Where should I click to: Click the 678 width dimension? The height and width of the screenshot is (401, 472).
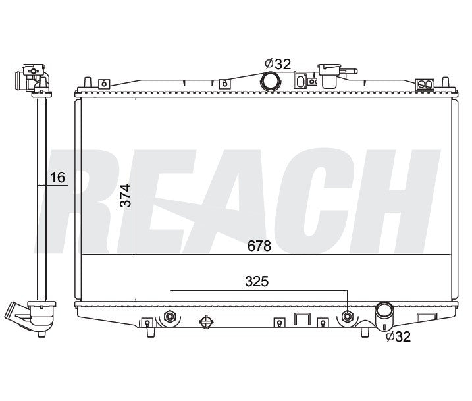[x=259, y=246]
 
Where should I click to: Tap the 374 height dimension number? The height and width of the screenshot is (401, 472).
[x=126, y=196]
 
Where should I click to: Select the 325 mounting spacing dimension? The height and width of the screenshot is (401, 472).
[x=257, y=282]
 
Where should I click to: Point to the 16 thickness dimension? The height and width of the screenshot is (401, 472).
[x=57, y=178]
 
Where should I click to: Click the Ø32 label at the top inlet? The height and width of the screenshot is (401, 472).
[x=278, y=64]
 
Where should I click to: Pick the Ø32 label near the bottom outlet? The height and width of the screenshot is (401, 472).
[x=398, y=336]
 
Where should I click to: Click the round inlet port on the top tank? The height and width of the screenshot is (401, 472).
[x=271, y=81]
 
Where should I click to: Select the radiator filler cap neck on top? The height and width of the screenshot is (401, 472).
[x=330, y=75]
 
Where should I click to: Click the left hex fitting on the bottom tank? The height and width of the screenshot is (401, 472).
[x=170, y=317]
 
